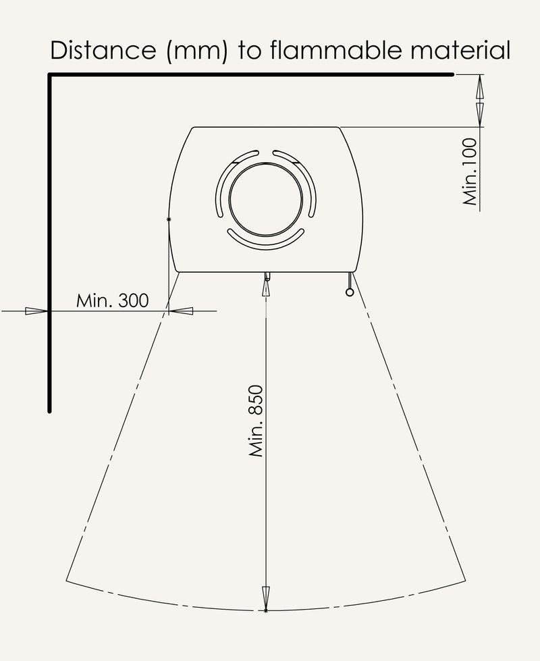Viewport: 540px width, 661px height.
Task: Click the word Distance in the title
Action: (x=103, y=50)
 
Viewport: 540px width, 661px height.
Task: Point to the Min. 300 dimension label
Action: (x=112, y=300)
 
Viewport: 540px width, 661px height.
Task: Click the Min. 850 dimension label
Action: (x=256, y=421)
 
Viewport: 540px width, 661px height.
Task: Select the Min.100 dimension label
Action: (x=470, y=171)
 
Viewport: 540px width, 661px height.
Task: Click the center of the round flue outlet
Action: (x=266, y=199)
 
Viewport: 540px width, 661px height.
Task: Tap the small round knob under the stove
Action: (x=350, y=292)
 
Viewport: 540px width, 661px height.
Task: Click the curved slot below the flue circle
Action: (x=266, y=243)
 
